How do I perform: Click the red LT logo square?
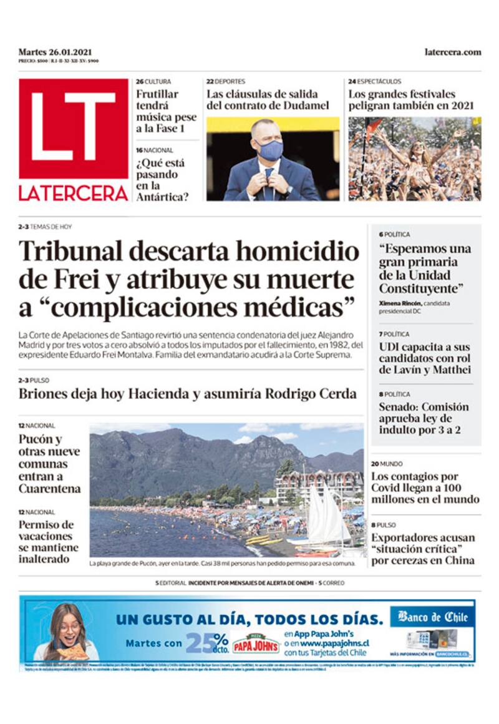(x=73, y=129)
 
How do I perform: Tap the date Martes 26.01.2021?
(x=55, y=52)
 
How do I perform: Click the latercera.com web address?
(x=452, y=52)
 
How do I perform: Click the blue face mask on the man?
(x=270, y=150)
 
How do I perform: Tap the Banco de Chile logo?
(x=432, y=617)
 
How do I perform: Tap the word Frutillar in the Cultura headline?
(x=157, y=94)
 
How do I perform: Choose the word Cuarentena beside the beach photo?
(x=49, y=489)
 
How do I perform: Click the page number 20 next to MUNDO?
(x=375, y=464)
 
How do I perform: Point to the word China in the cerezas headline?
(x=458, y=560)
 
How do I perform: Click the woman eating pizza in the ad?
(x=67, y=632)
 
